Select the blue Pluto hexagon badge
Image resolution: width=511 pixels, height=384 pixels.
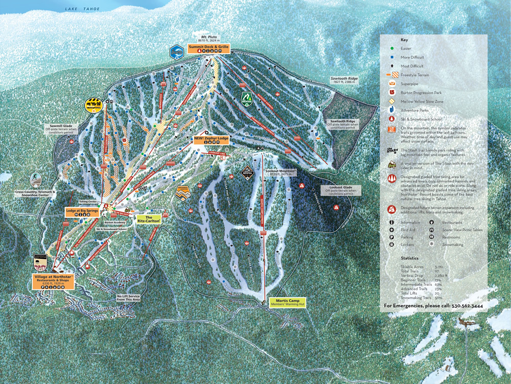pyautogui.click(x=176, y=51)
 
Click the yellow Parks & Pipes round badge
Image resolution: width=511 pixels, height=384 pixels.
pyautogui.click(x=94, y=105)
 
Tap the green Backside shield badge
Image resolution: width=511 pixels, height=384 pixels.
pyautogui.click(x=247, y=97)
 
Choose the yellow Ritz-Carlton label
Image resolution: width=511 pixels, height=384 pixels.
pyautogui.click(x=149, y=219)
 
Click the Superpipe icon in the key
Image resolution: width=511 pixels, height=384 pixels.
pyautogui.click(x=391, y=83)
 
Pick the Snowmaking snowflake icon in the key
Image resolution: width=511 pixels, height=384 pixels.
pyautogui.click(x=432, y=245)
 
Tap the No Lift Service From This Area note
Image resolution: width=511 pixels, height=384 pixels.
pyautogui.click(x=128, y=298)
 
